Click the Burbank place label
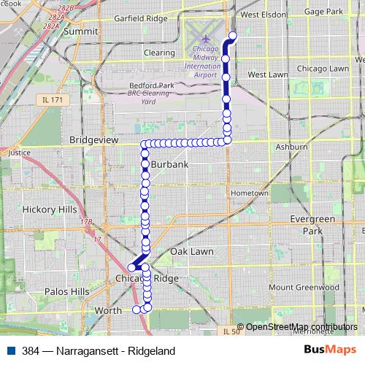coord(169,164)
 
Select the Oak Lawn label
coord(191,251)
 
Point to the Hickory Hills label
coord(50,209)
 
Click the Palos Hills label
coord(66,291)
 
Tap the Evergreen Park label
coord(312,224)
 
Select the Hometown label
coord(250,193)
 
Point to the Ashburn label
coord(291,147)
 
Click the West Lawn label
coord(267,74)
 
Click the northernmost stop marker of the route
coord(233,36)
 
